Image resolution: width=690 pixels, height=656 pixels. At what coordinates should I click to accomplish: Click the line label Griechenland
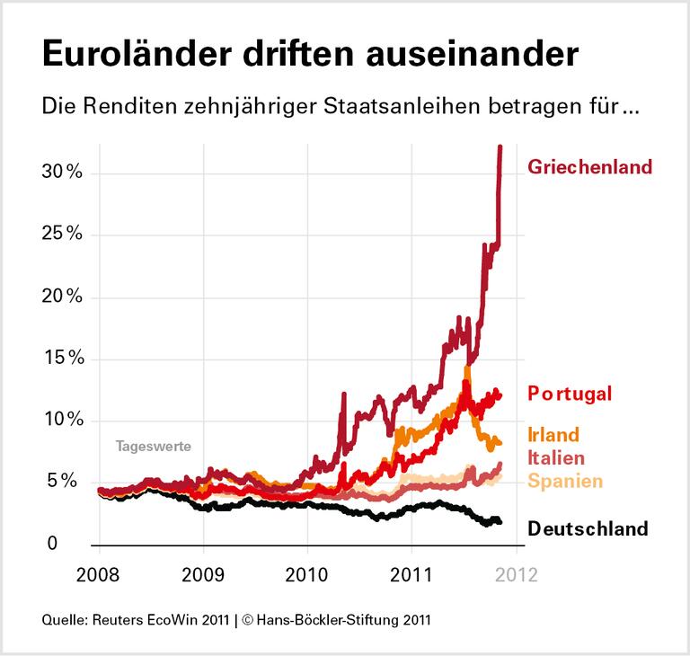(589, 167)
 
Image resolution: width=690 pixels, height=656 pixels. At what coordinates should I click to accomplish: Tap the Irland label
(553, 435)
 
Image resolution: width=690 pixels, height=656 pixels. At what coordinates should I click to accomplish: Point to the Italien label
(556, 458)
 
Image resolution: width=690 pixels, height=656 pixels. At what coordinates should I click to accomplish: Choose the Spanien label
(564, 482)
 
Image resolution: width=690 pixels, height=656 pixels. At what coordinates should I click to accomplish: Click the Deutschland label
(588, 528)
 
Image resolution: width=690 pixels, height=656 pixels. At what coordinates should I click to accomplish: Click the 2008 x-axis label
(98, 575)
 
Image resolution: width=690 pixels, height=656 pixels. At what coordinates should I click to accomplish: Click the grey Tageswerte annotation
(153, 445)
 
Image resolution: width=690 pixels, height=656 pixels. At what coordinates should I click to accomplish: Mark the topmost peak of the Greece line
(500, 146)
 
